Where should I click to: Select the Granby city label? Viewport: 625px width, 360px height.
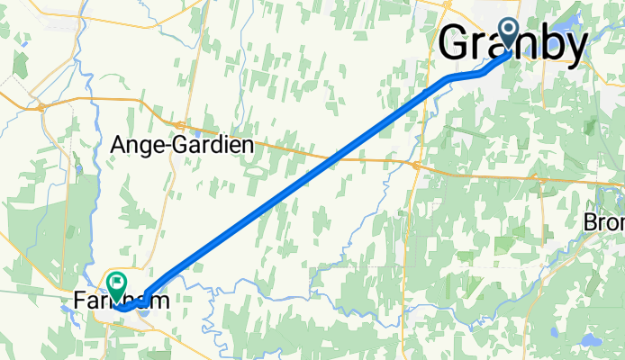[514, 43]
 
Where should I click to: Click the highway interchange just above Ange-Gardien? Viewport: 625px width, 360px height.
[181, 123]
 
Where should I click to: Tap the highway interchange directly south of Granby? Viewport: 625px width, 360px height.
[416, 166]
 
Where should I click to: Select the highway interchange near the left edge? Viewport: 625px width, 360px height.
[41, 106]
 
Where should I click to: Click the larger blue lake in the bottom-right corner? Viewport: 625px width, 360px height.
[591, 340]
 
